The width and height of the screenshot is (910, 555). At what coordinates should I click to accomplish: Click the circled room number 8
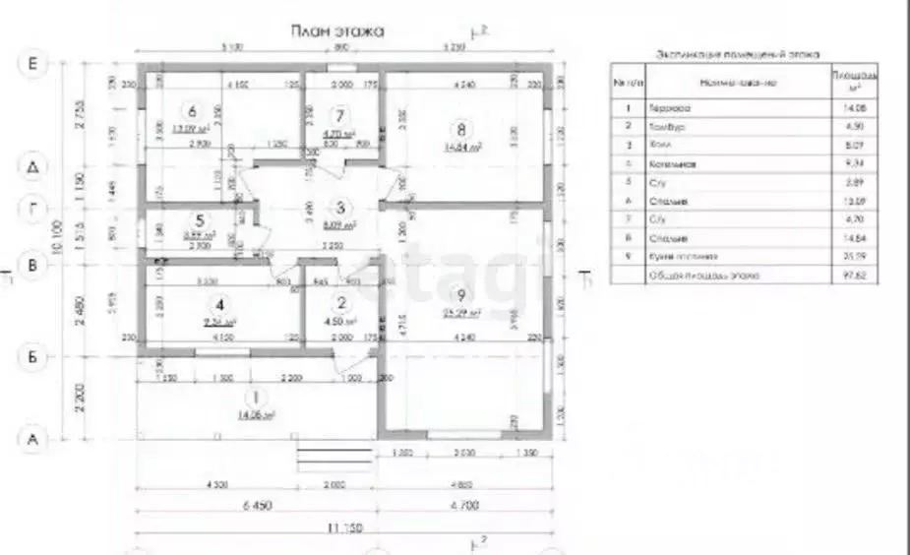pos(455,128)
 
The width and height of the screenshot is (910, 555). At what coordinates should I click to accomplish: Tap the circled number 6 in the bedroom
pos(192,111)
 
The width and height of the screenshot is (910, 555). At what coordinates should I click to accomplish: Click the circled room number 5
pos(200,221)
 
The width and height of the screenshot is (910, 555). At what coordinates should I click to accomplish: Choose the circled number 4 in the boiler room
pos(220,304)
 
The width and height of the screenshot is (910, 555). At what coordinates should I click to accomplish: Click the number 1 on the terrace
pos(256,398)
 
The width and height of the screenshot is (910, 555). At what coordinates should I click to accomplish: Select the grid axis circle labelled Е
pos(33,64)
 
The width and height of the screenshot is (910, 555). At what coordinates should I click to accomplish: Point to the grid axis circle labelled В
pos(33,264)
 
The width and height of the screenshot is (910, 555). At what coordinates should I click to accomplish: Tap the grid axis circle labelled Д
pos(33,167)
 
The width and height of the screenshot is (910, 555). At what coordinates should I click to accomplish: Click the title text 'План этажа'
pos(336,31)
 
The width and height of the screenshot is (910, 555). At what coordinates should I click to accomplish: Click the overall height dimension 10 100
pos(60,236)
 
